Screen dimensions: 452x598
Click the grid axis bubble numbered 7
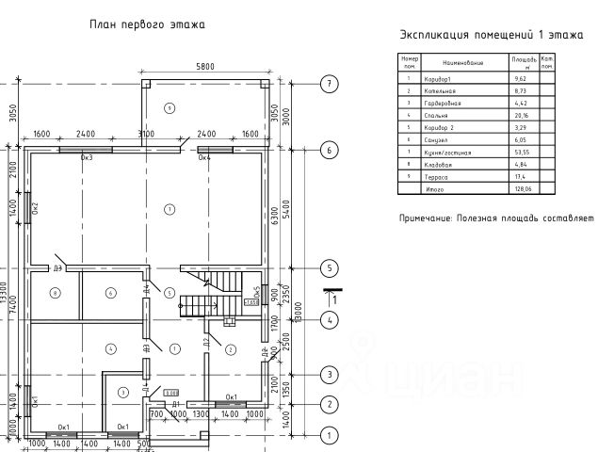pyautogui.click(x=328, y=84)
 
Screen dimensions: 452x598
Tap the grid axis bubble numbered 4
pyautogui.click(x=329, y=320)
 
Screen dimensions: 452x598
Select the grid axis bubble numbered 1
pyautogui.click(x=329, y=435)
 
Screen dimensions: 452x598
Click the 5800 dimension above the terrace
pyautogui.click(x=205, y=66)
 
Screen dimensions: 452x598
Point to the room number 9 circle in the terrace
pyautogui.click(x=169, y=107)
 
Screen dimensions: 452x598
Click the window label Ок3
pyautogui.click(x=87, y=157)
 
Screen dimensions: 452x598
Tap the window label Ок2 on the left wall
pyautogui.click(x=34, y=206)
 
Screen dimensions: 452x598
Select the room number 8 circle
pyautogui.click(x=55, y=294)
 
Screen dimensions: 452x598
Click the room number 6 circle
pyautogui.click(x=110, y=294)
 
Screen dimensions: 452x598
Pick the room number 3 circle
pyautogui.click(x=122, y=392)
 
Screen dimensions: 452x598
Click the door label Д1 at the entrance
pyautogui.click(x=175, y=404)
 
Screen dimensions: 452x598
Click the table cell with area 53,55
pyautogui.click(x=521, y=151)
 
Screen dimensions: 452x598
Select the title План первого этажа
pyautogui.click(x=147, y=23)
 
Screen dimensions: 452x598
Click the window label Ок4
pyautogui.click(x=203, y=157)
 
